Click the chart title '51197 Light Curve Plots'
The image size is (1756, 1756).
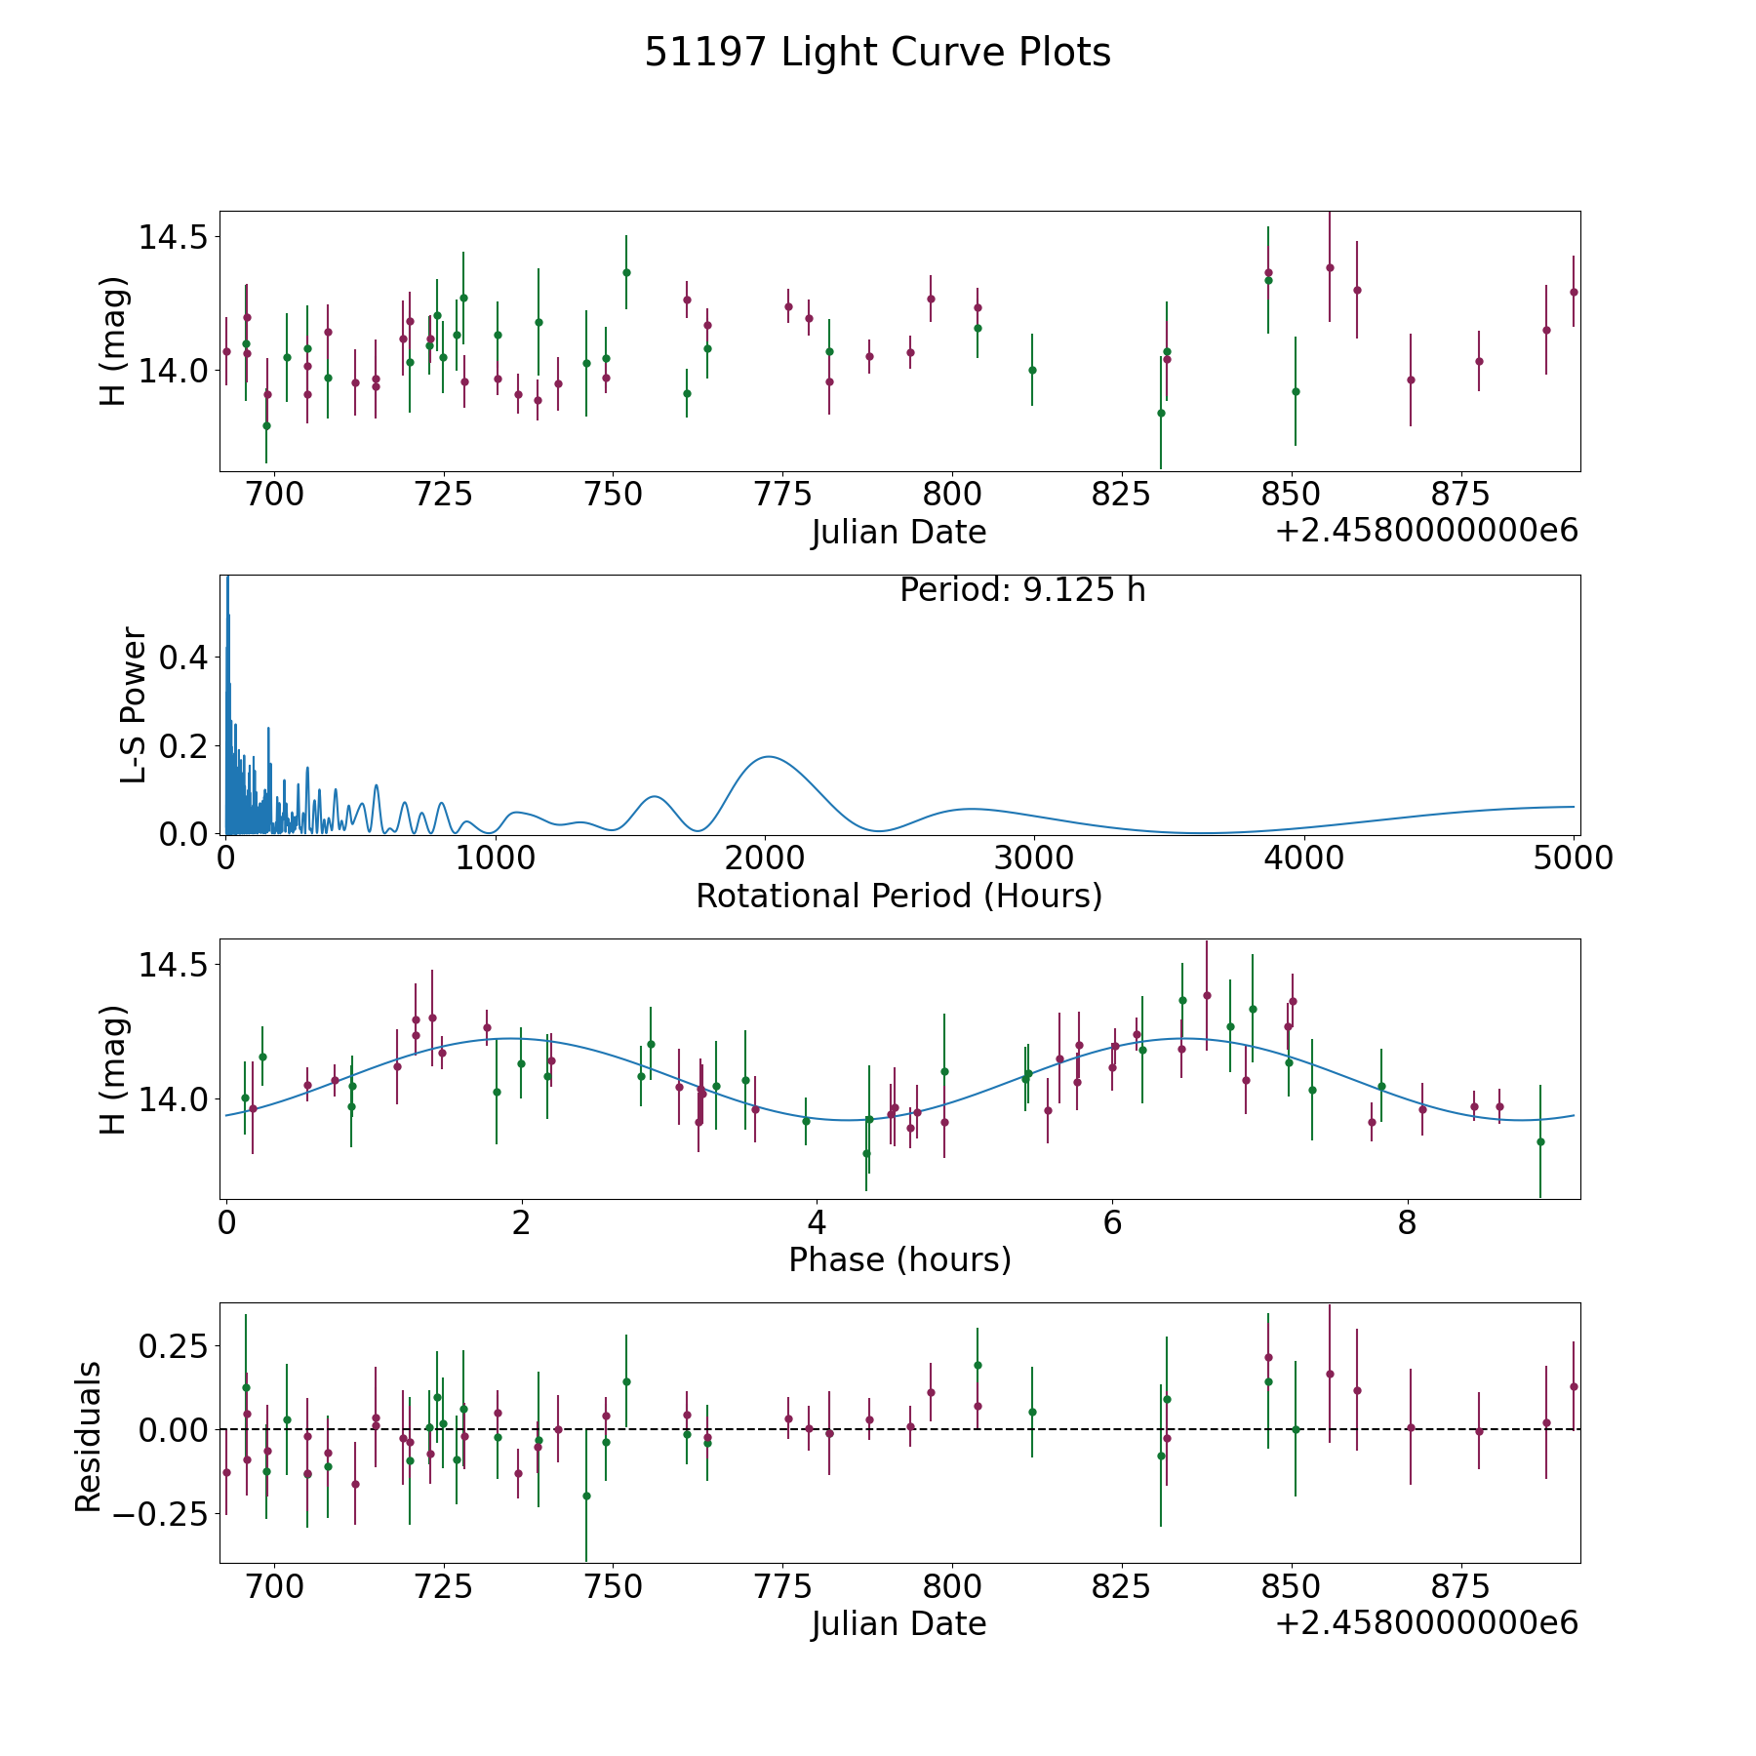(877, 53)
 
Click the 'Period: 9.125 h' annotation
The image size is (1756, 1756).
(1021, 590)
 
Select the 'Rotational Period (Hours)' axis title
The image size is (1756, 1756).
(898, 896)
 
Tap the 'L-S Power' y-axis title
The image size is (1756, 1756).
(134, 704)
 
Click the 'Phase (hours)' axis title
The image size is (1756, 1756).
(899, 1259)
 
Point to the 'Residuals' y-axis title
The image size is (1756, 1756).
(88, 1437)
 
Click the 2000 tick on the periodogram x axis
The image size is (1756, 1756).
(765, 858)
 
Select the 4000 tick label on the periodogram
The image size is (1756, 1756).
(1304, 858)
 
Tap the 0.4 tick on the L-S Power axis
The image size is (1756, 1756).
(183, 658)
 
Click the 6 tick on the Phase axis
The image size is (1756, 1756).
(1112, 1223)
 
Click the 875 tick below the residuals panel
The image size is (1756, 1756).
(1459, 1587)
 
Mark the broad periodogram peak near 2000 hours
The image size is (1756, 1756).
(769, 756)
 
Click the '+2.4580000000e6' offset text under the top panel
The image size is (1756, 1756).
(1426, 531)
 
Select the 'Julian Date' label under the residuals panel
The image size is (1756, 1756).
(898, 1623)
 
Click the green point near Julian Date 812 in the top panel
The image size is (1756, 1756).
(1032, 370)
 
